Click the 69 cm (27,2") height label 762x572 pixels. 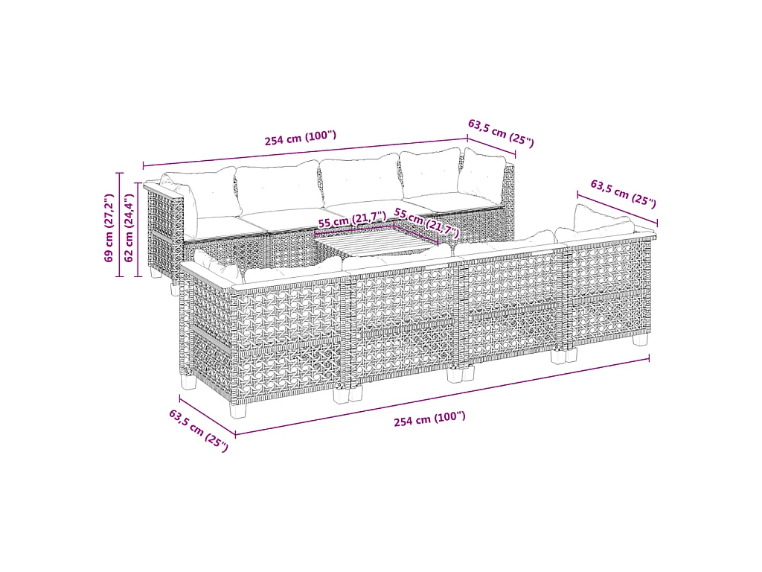pyautogui.click(x=109, y=228)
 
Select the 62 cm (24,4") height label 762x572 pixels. pyautogui.click(x=129, y=228)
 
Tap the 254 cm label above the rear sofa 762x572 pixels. pyautogui.click(x=301, y=138)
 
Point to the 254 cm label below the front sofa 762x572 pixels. pyautogui.click(x=429, y=419)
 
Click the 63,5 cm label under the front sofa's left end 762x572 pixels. pyautogui.click(x=198, y=430)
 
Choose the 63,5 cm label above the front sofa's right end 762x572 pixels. pyautogui.click(x=624, y=193)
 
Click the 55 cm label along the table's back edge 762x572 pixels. pyautogui.click(x=352, y=219)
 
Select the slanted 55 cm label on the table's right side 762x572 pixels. pyautogui.click(x=426, y=222)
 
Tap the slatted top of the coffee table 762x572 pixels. pyautogui.click(x=377, y=242)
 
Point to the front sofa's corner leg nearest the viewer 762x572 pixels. pyautogui.click(x=238, y=409)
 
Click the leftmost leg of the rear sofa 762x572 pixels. pyautogui.click(x=156, y=273)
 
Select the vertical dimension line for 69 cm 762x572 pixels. pyautogui.click(x=120, y=225)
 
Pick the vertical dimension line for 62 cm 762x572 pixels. pyautogui.click(x=138, y=229)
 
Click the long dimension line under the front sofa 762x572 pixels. pyautogui.click(x=442, y=396)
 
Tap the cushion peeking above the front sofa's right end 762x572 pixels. pyautogui.click(x=603, y=219)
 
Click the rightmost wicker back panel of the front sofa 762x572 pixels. pyautogui.click(x=609, y=292)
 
